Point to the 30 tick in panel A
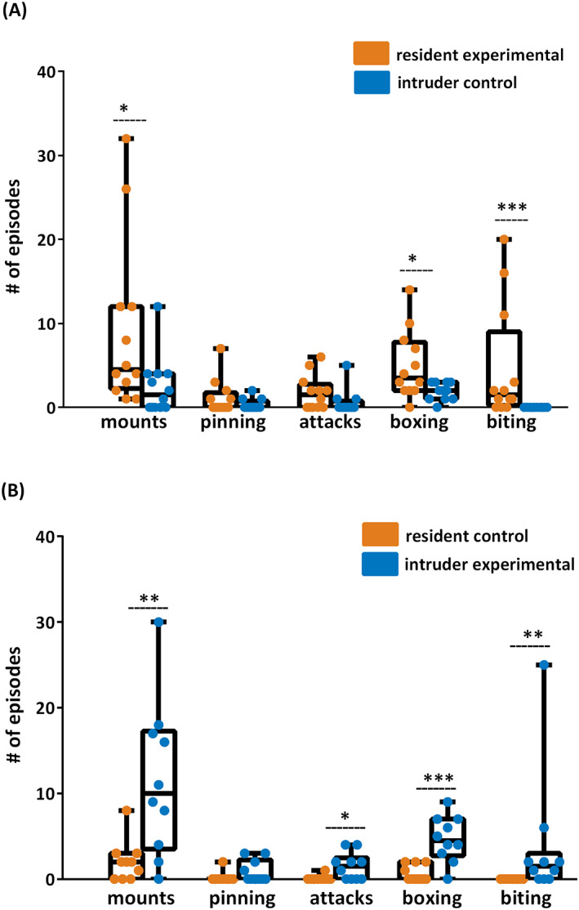tap(50, 156)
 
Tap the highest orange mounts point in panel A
tap(126, 139)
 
